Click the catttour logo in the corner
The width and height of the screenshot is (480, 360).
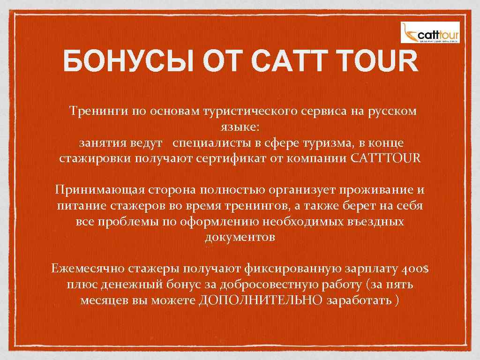430,32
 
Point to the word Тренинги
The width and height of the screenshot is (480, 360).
93,111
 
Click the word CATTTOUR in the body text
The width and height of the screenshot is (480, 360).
386,158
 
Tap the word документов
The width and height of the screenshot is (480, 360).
240,237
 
